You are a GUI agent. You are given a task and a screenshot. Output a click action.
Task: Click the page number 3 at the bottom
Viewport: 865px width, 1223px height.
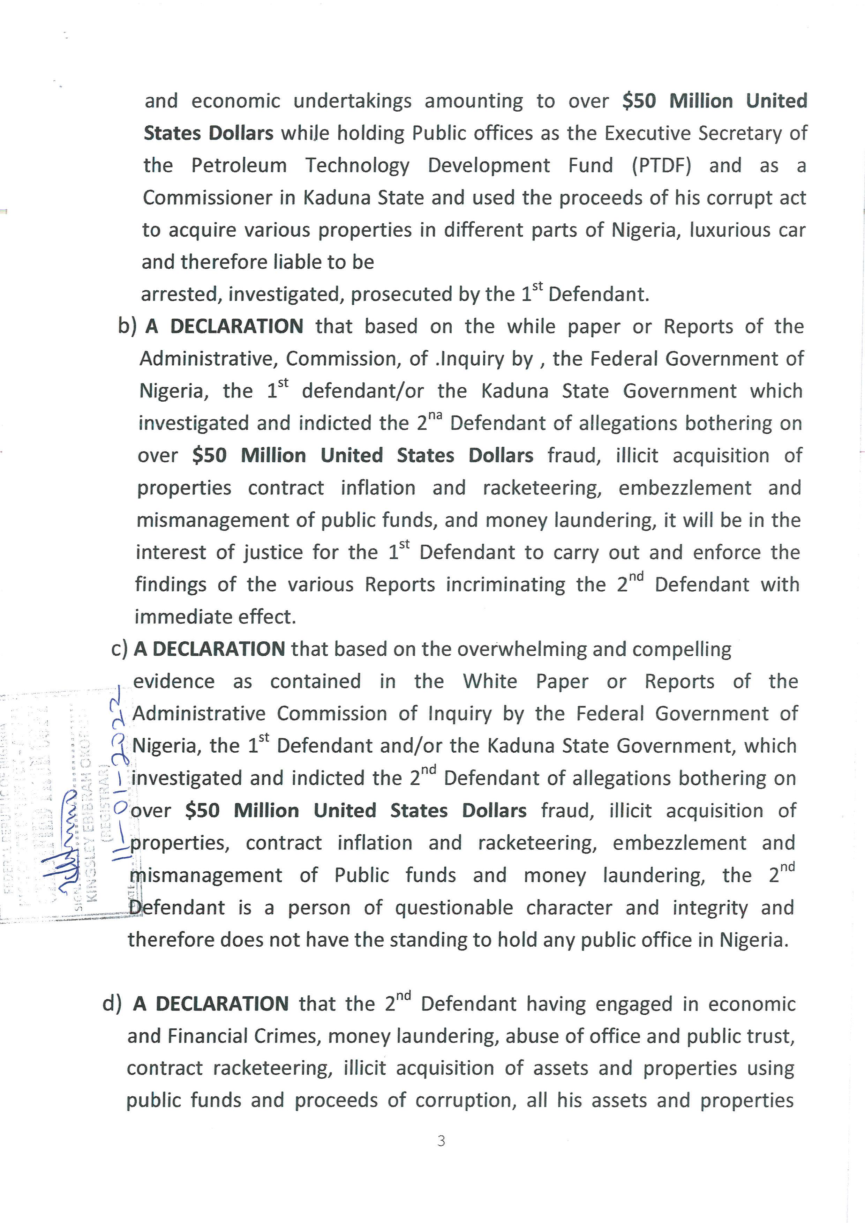(441, 1141)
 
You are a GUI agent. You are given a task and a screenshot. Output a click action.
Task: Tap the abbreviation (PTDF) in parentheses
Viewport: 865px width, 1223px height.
(662, 166)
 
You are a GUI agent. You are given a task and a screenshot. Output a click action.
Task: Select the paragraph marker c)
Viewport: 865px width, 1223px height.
(120, 649)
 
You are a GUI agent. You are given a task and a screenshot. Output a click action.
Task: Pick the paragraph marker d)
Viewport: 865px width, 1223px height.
(112, 1004)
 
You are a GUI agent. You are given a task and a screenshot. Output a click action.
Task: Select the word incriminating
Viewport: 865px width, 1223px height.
(505, 584)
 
